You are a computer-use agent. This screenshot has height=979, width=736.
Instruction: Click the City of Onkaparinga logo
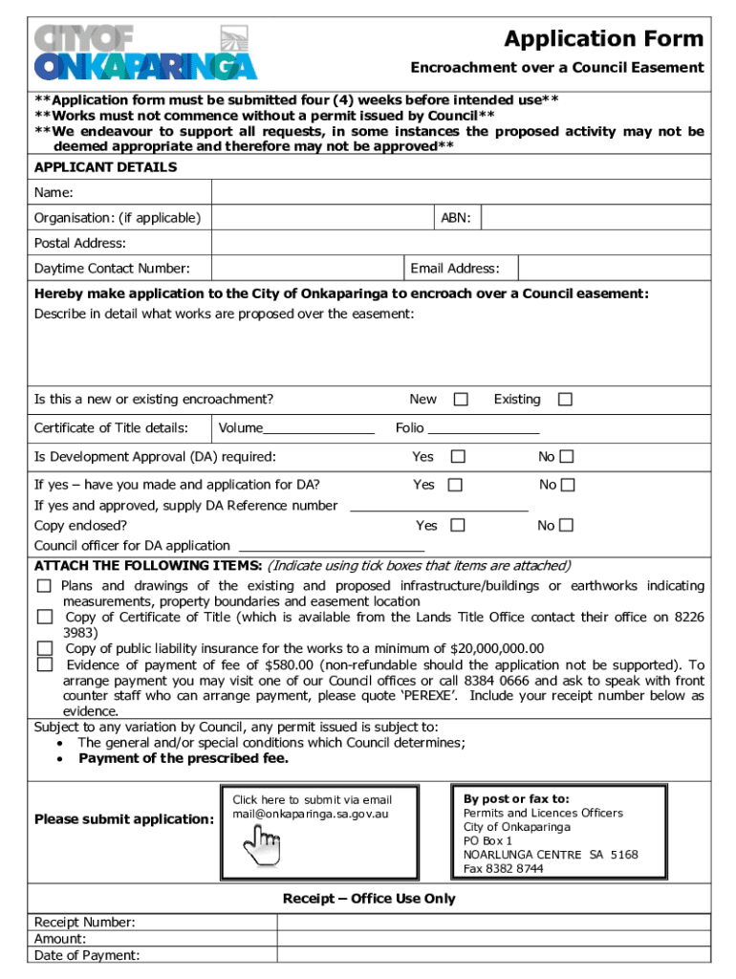(x=145, y=52)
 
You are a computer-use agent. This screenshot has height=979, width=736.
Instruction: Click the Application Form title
(x=603, y=39)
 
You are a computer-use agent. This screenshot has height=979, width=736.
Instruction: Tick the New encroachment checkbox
(x=461, y=400)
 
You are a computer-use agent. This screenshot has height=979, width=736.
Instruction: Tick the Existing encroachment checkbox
(x=565, y=400)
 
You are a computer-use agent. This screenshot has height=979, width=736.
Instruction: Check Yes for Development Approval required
(x=458, y=457)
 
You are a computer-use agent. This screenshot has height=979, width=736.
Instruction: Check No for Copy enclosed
(x=567, y=525)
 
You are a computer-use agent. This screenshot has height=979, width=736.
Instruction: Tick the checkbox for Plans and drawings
(x=45, y=585)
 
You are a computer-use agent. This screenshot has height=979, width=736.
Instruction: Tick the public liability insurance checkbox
(x=45, y=648)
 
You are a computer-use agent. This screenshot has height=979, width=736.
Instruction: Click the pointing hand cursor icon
(x=262, y=845)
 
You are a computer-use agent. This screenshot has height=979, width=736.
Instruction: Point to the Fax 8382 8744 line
(x=504, y=868)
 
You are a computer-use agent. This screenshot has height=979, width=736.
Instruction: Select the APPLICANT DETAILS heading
(x=105, y=167)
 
